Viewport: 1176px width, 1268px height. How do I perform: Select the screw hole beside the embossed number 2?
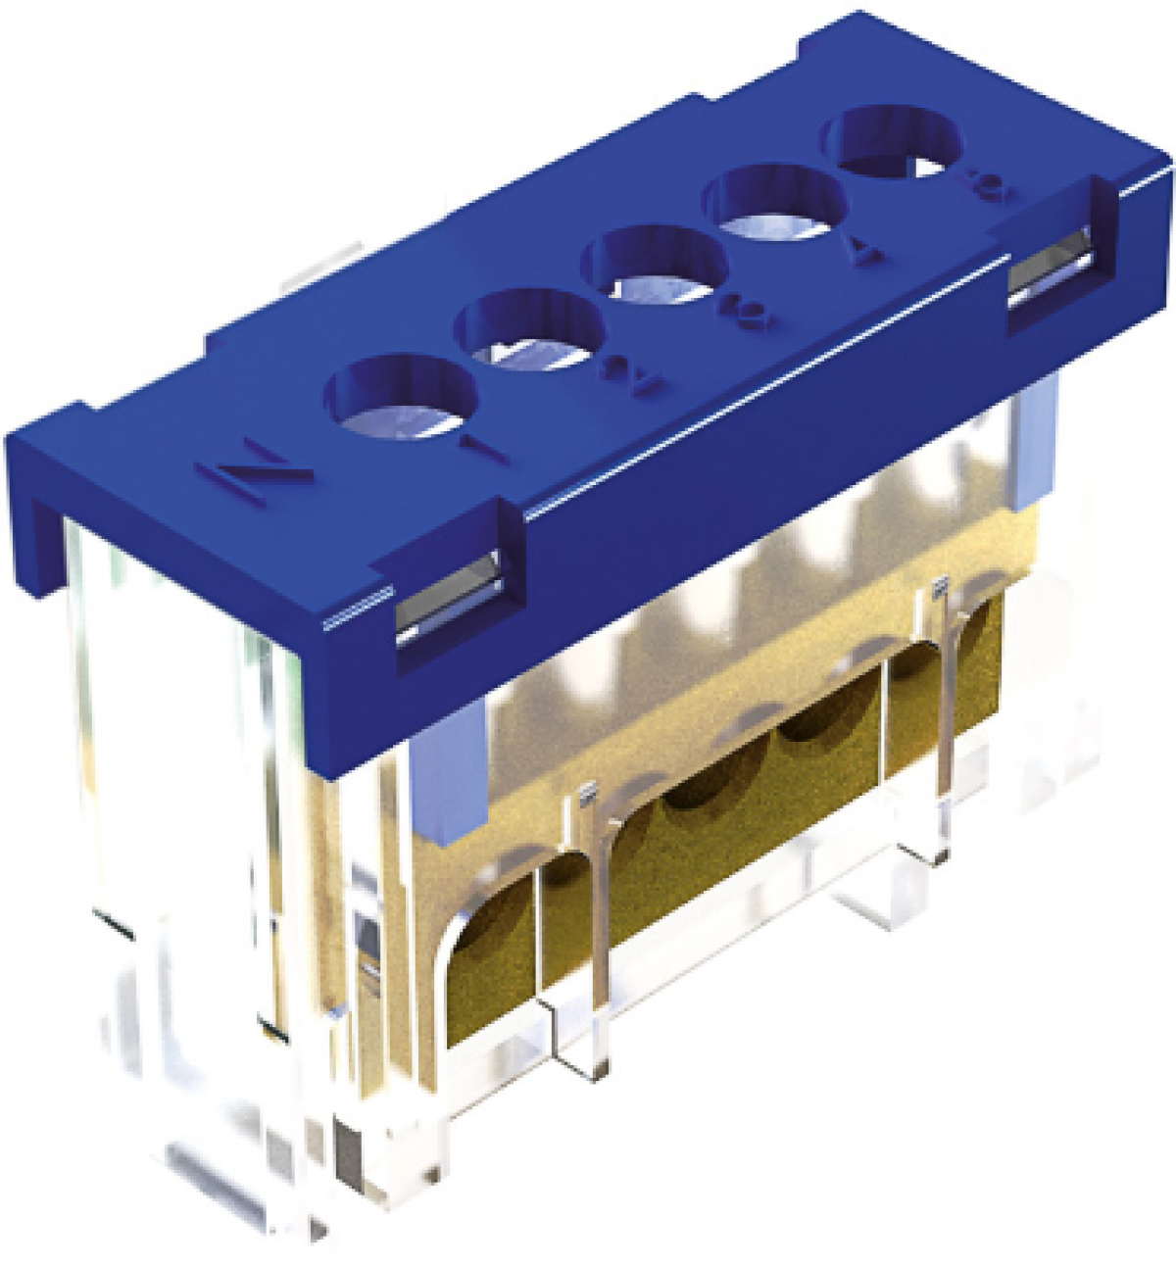click(x=529, y=331)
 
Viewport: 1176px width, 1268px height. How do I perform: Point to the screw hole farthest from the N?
click(x=890, y=144)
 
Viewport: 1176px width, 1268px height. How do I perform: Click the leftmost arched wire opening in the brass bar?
click(x=490, y=965)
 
